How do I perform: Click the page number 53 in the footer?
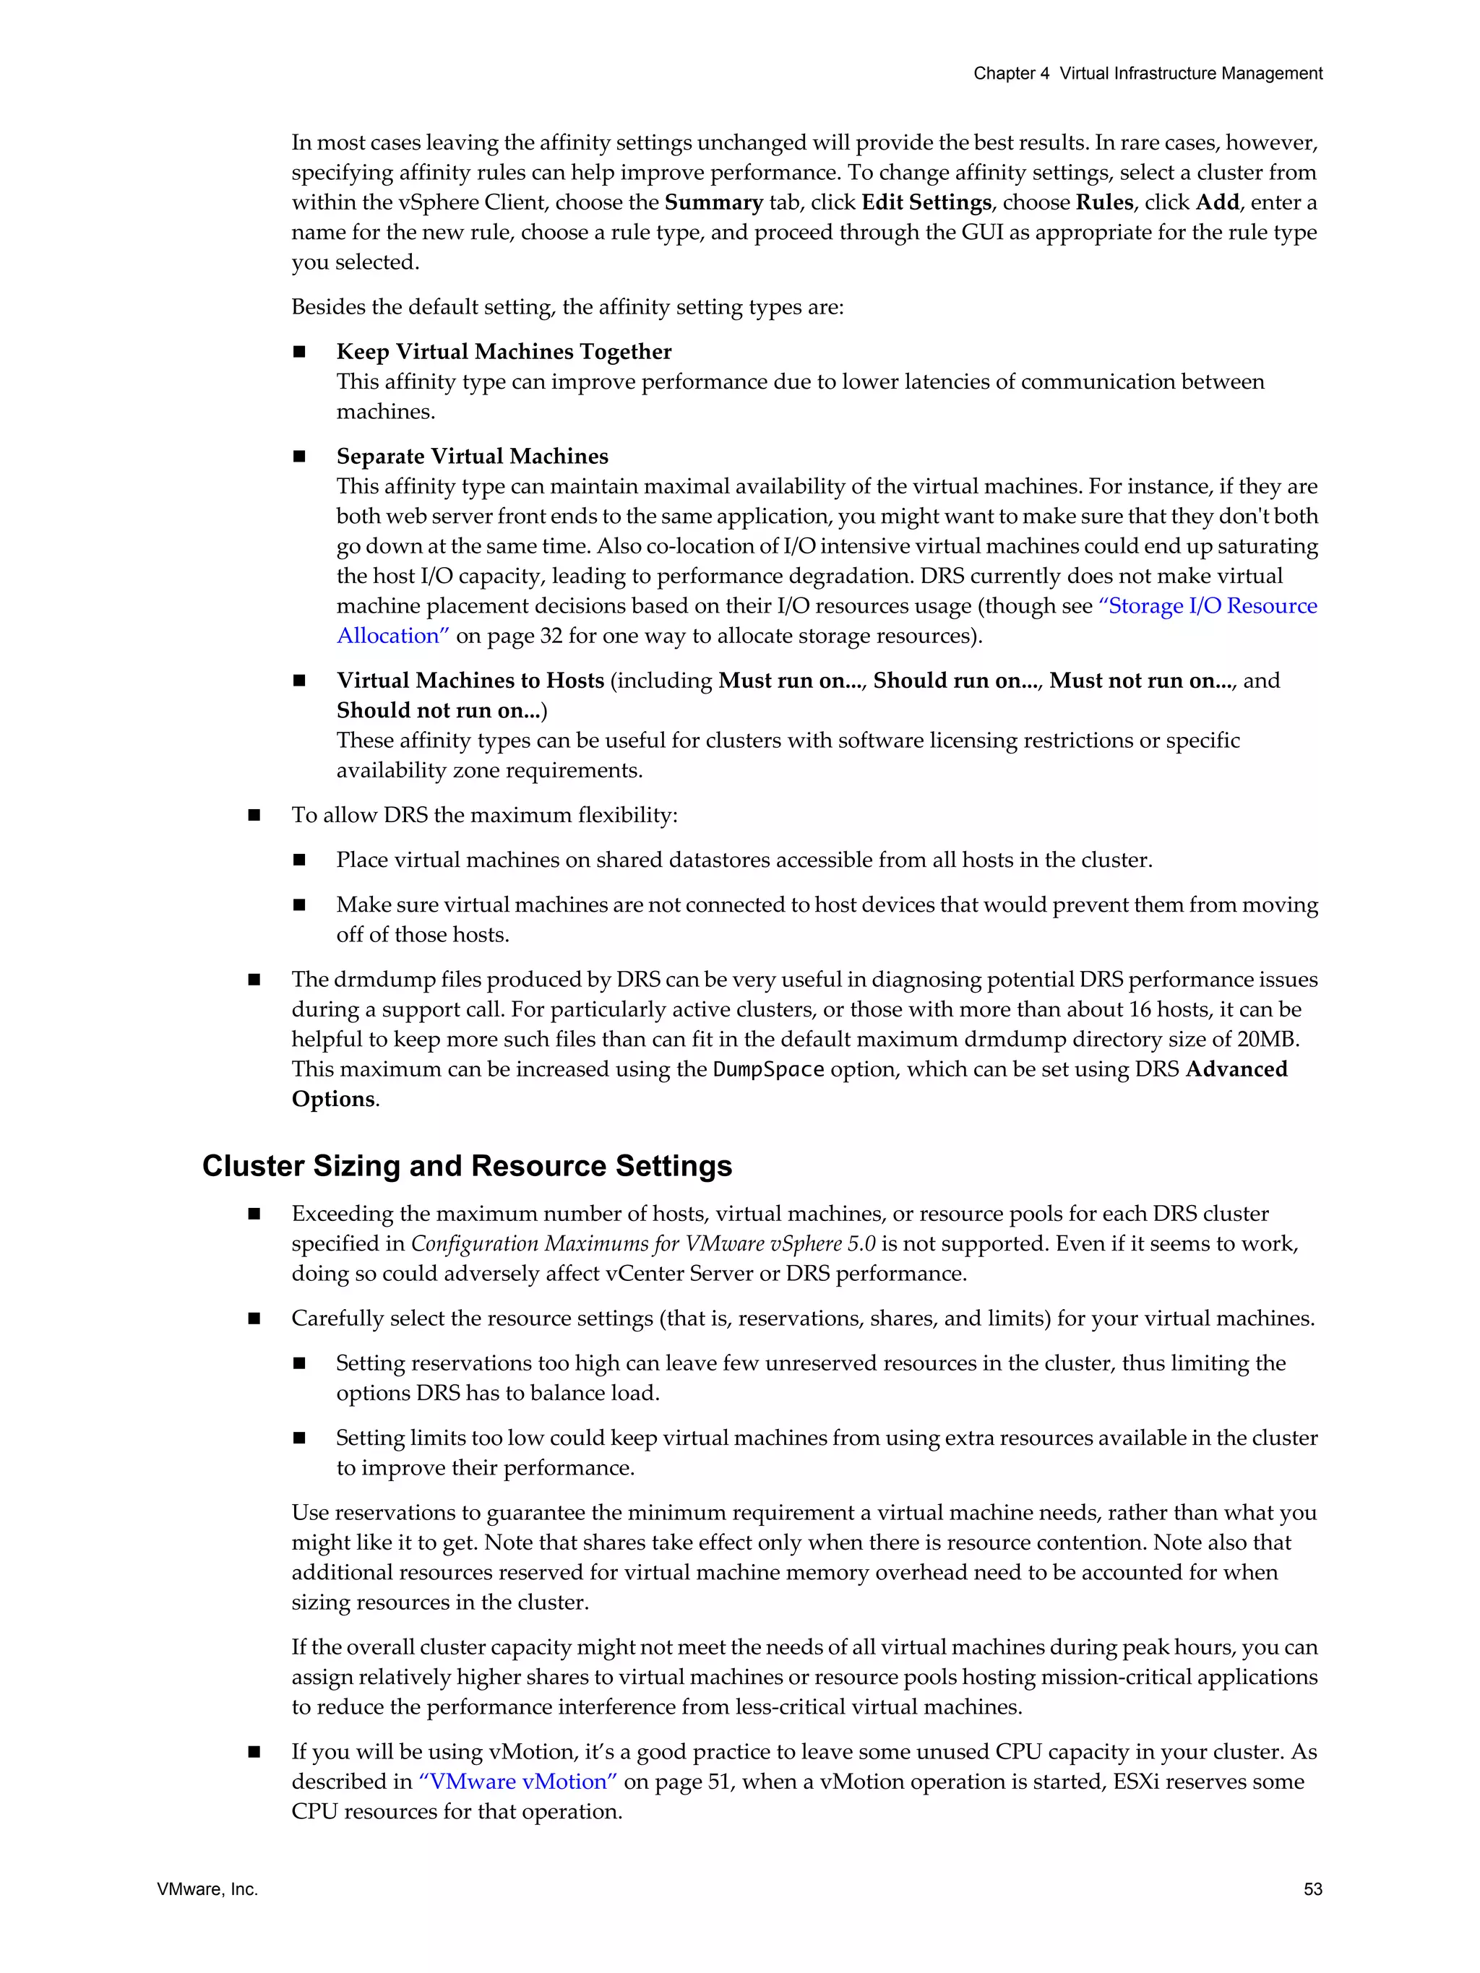(1312, 1889)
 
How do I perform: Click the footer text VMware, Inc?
(207, 1889)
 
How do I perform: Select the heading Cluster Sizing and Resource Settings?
(467, 1166)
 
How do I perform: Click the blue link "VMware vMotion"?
(518, 1782)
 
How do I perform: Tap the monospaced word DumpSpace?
(768, 1069)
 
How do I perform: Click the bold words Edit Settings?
(926, 202)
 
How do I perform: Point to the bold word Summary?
(714, 202)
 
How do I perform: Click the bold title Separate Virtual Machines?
(472, 456)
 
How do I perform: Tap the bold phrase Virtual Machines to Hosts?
(470, 681)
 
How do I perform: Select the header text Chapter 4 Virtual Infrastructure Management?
(1148, 74)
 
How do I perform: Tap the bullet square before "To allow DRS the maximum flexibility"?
(254, 815)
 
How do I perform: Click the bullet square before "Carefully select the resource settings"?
(254, 1318)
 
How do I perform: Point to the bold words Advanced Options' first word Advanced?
(1236, 1069)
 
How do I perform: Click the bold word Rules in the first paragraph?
(1104, 202)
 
